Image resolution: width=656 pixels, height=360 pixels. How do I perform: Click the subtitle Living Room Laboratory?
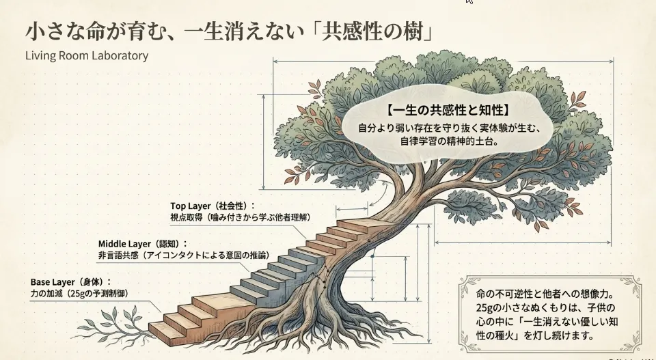click(x=86, y=55)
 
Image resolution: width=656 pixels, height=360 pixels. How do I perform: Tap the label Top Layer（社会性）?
click(x=213, y=205)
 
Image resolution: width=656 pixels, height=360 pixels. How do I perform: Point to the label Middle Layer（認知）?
click(x=142, y=243)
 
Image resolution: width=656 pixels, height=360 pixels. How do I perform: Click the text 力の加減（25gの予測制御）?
click(x=79, y=293)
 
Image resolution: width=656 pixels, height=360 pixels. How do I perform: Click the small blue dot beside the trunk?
click(x=372, y=258)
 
